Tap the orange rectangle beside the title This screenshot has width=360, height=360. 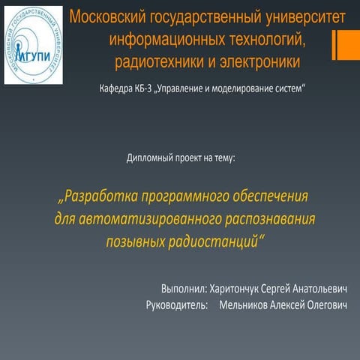[x=345, y=46]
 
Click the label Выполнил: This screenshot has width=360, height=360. [x=183, y=289]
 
